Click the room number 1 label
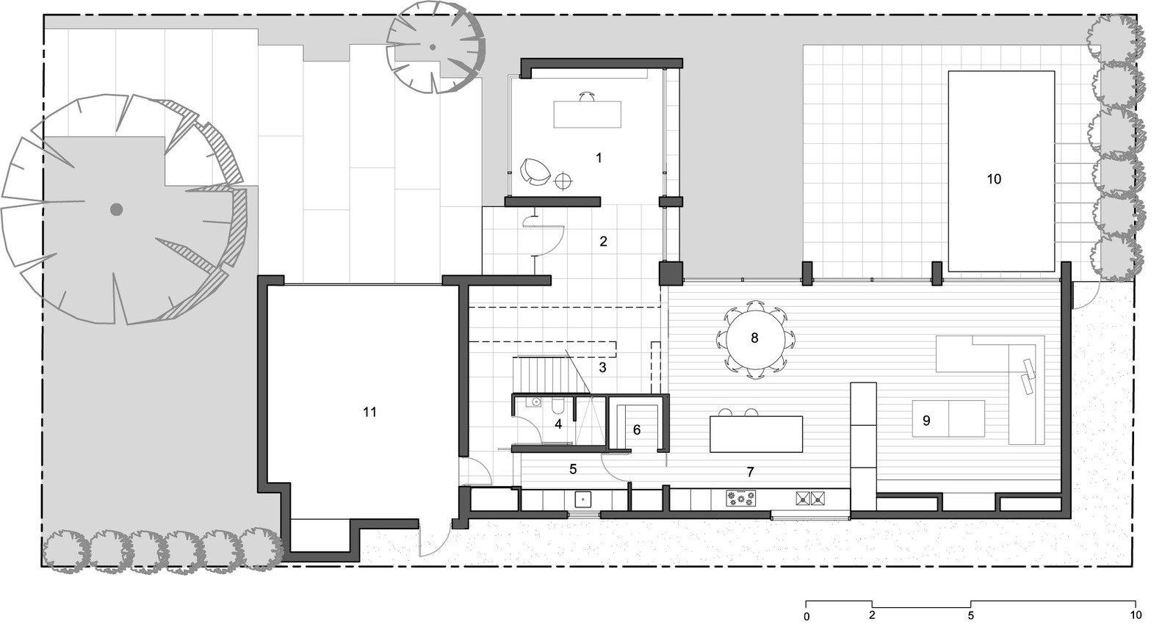(599, 158)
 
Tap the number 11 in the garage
(369, 412)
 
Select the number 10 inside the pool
(993, 179)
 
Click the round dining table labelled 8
(754, 338)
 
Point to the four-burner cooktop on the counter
(741, 498)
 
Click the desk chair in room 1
(587, 96)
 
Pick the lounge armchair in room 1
(535, 172)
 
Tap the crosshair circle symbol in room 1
(563, 181)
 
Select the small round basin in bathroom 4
(535, 402)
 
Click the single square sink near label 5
(583, 499)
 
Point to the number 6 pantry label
(637, 429)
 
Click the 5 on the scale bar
(970, 616)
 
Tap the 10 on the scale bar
(1136, 615)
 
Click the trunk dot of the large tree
(116, 209)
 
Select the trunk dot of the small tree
(432, 48)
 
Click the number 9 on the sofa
(926, 421)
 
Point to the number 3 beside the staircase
(602, 368)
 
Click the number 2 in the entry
(603, 242)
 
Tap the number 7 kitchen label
(750, 472)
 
